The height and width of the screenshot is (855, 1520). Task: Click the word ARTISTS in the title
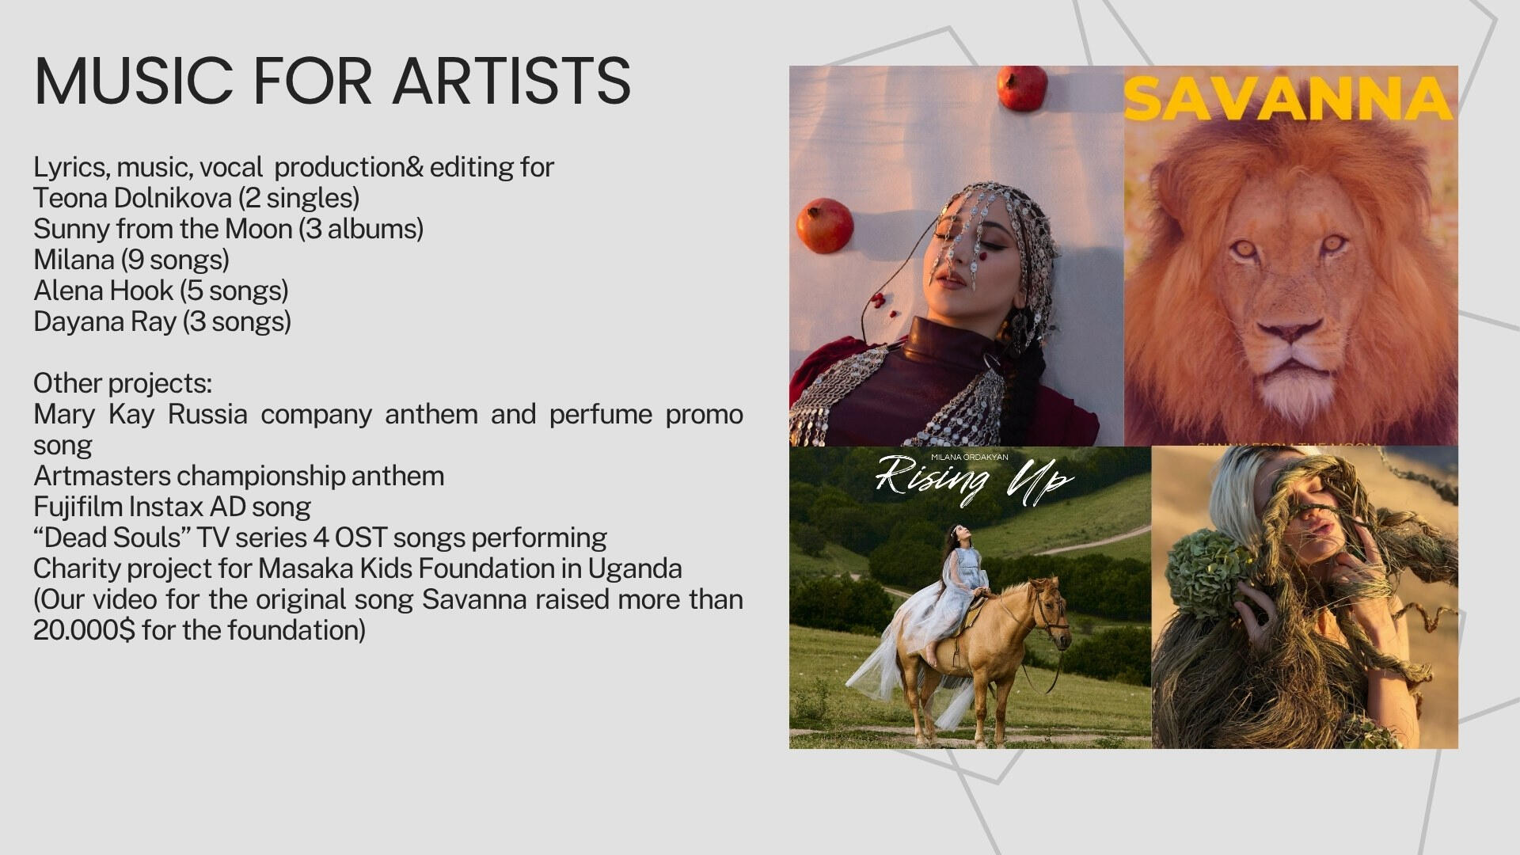[x=512, y=81]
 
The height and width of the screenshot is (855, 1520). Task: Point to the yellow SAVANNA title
[x=1288, y=100]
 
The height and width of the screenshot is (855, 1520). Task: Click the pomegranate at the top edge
[x=1022, y=86]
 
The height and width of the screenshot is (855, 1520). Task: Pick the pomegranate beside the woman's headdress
[x=824, y=226]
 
